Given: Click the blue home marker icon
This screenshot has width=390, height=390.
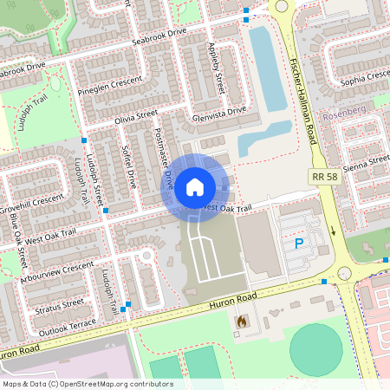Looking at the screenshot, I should click(195, 186).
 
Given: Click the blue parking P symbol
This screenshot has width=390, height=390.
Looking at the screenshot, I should click(300, 244).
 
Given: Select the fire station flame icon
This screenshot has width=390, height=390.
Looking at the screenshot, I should click(240, 322).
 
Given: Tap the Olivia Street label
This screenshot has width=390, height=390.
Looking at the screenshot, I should click(135, 114).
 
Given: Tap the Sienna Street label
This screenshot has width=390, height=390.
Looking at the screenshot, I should click(367, 164).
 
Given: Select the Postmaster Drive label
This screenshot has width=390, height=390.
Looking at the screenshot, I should click(164, 159).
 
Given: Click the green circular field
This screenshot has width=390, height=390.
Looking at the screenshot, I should click(322, 348).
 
